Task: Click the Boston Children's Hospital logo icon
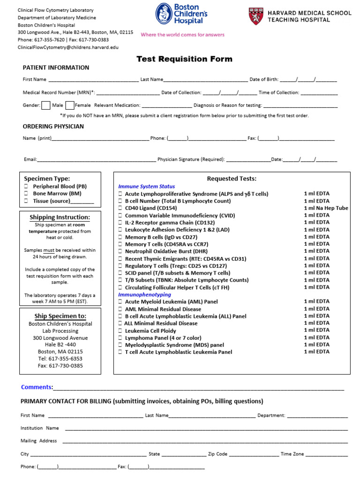[164, 14]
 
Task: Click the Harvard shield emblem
[255, 16]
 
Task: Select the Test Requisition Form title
[184, 59]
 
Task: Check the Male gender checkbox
[46, 105]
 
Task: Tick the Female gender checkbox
[70, 105]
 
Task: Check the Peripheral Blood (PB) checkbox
[26, 187]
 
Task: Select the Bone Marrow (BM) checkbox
[26, 194]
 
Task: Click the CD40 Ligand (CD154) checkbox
[120, 208]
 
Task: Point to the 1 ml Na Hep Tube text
[326, 208]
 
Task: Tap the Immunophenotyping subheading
[144, 295]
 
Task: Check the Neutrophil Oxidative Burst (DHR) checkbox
[120, 251]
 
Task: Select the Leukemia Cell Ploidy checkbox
[120, 331]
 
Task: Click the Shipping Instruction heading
[60, 217]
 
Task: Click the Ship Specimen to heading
[60, 316]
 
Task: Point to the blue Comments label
[37, 387]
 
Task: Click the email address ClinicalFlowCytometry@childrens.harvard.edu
[68, 47]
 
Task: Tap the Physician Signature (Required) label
[191, 159]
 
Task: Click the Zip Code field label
[217, 454]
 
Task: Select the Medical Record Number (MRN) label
[59, 93]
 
